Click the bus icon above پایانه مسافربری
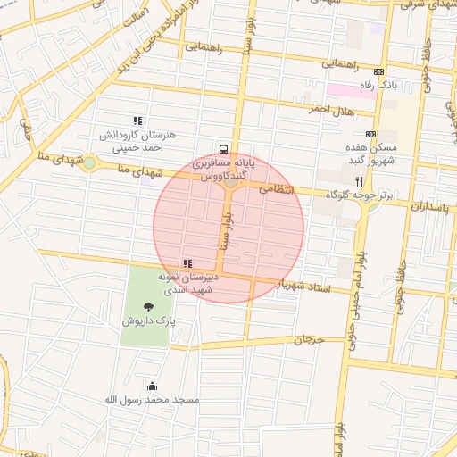pyautogui.click(x=222, y=149)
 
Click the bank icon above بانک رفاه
pyautogui.click(x=379, y=71)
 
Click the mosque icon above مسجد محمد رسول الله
pyautogui.click(x=151, y=386)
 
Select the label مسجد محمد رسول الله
pyautogui.click(x=151, y=400)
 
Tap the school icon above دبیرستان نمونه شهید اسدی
pyautogui.click(x=187, y=263)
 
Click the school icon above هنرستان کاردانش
pyautogui.click(x=137, y=120)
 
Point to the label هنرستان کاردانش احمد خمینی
pyautogui.click(x=138, y=142)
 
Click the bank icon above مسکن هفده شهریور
pyautogui.click(x=371, y=134)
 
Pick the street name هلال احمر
pyautogui.click(x=332, y=108)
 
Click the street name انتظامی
pyautogui.click(x=276, y=189)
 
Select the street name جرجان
pyautogui.click(x=306, y=339)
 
